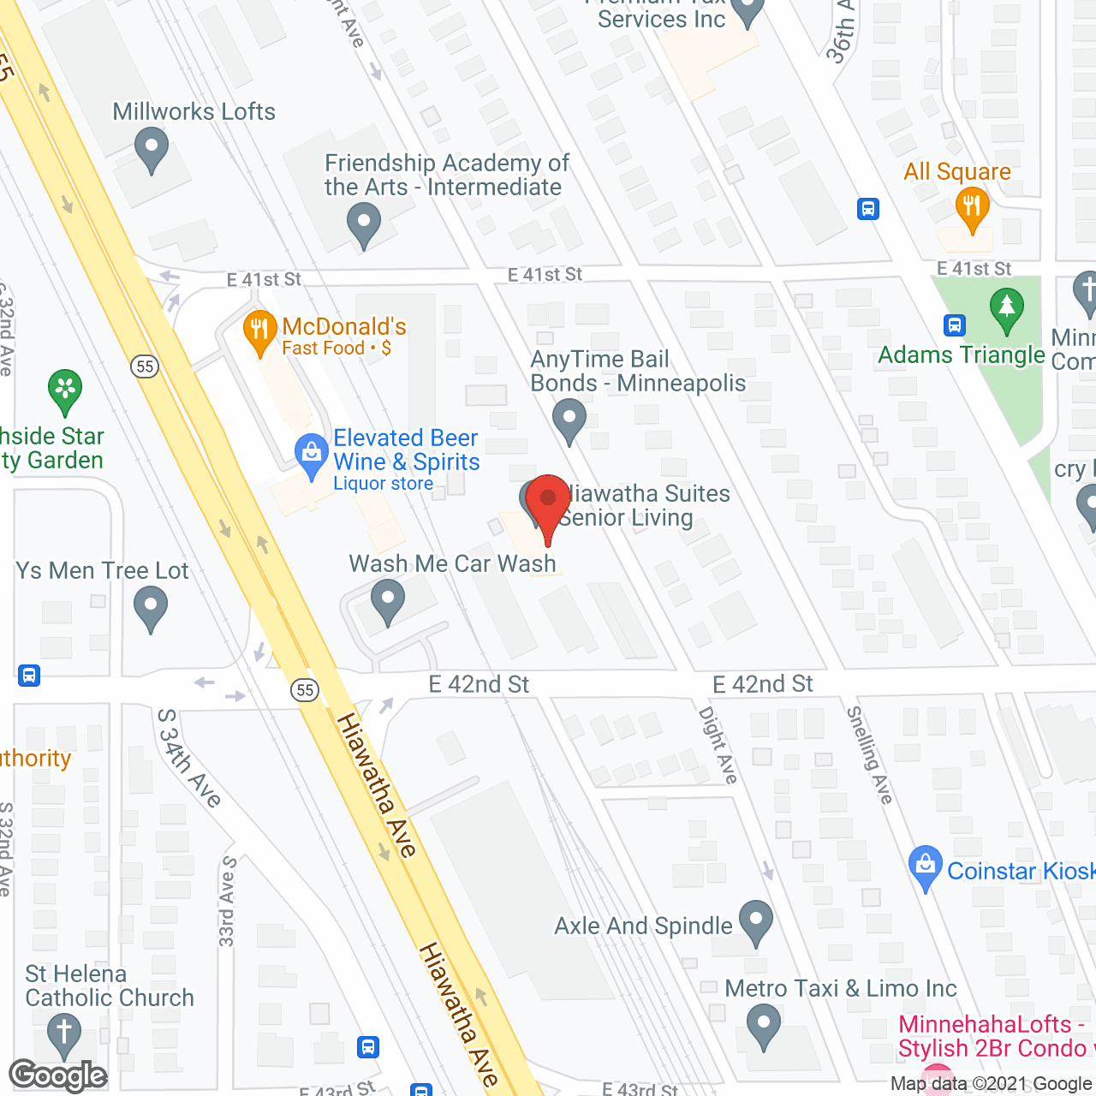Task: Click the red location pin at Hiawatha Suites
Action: [547, 502]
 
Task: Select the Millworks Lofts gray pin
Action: [152, 149]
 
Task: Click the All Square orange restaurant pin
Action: [972, 208]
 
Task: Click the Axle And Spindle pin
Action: [755, 922]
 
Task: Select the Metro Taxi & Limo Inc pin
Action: [763, 1026]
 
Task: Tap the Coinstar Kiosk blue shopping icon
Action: [925, 867]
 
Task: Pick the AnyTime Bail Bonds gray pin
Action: [569, 420]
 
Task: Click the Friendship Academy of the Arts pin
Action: [364, 226]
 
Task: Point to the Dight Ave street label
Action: [718, 744]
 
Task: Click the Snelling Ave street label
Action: [870, 754]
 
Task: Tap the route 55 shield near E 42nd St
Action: [305, 690]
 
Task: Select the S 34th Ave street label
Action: [189, 758]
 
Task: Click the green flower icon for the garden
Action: [65, 390]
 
